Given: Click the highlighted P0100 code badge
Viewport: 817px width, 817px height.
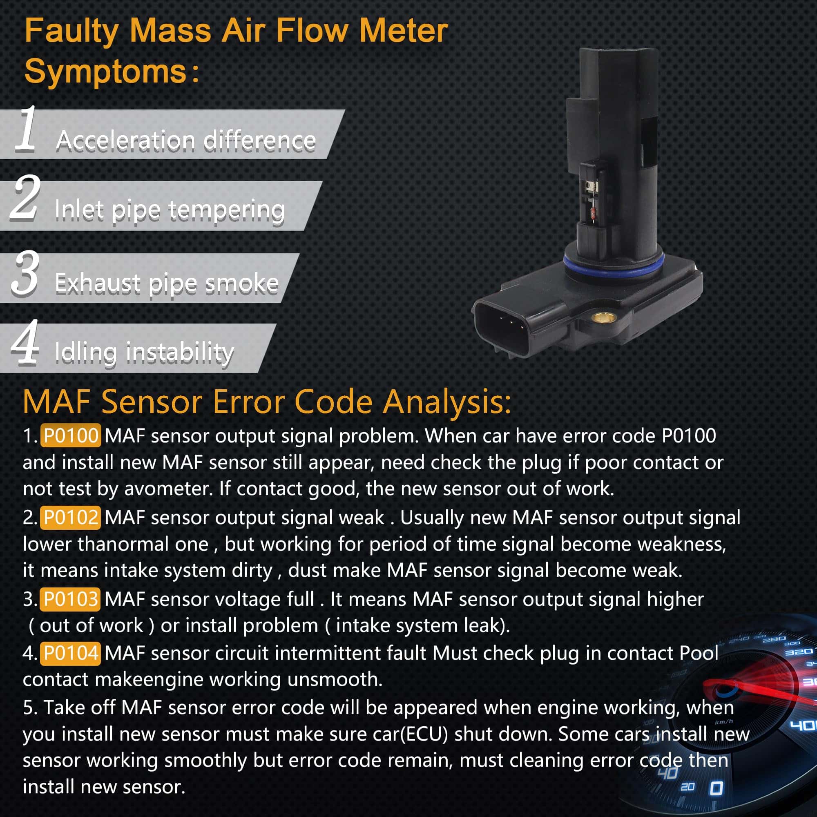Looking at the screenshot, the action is [x=71, y=435].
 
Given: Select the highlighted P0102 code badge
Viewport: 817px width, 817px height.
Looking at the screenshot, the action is [x=71, y=517].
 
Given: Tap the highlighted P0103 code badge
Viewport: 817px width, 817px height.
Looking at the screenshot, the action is [x=70, y=599].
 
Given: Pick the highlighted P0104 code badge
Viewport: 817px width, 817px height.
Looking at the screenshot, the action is [x=71, y=653].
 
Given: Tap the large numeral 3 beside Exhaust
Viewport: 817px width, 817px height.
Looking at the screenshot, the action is [x=26, y=272].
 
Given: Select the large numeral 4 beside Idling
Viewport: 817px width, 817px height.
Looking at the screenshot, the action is [x=25, y=342].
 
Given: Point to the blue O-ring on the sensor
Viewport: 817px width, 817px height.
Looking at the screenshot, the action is [x=614, y=266].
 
